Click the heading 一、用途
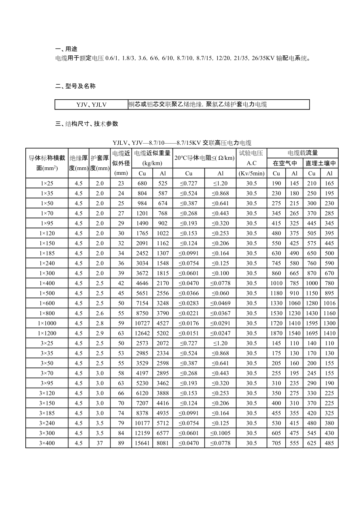point(66,49)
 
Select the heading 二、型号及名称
point(75,86)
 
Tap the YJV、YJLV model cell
point(91,105)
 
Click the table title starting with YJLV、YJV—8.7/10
point(182,143)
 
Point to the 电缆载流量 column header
point(303,153)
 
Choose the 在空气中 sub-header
point(285,163)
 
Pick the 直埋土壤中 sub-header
point(320,163)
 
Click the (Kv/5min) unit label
point(252,173)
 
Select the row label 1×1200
point(47,333)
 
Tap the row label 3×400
point(47,443)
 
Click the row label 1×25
point(47,183)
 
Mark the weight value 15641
point(142,443)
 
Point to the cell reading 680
point(142,183)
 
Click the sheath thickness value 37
point(100,443)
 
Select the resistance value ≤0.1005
point(220,433)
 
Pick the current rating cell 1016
point(329,303)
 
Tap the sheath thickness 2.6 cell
point(100,313)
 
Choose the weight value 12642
point(142,333)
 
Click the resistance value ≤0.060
point(220,293)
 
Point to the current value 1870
point(276,333)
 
